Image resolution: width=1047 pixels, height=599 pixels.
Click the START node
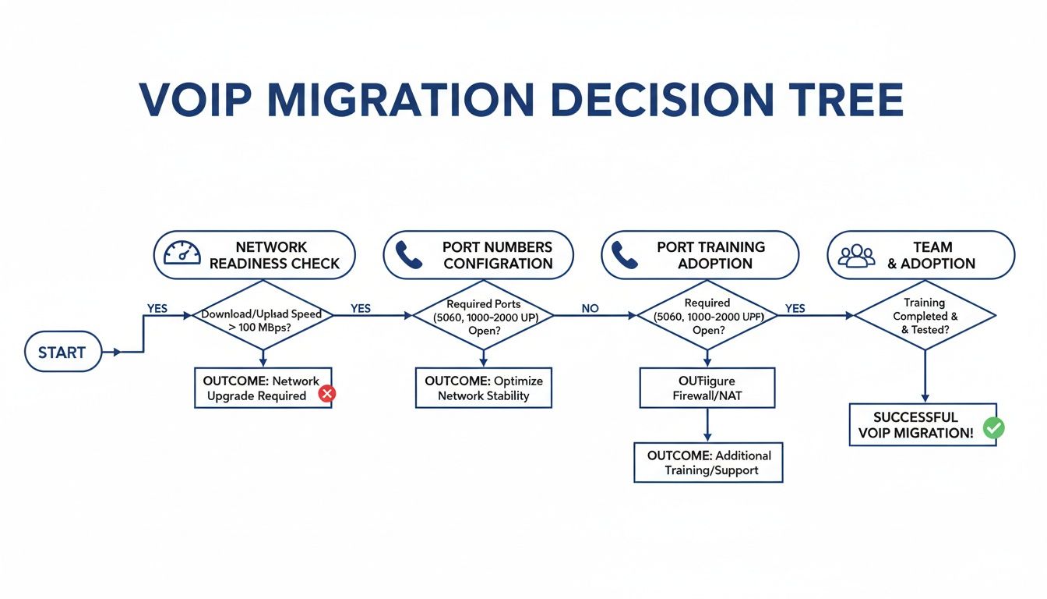coord(62,353)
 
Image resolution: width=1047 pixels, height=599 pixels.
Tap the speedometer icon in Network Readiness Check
coord(182,254)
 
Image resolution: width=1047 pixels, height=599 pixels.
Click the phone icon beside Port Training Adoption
coord(625,255)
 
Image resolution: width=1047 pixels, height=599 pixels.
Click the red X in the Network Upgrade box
coord(327,395)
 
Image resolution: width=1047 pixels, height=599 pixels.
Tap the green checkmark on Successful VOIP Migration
coord(993,427)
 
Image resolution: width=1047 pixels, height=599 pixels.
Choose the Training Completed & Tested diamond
coord(925,316)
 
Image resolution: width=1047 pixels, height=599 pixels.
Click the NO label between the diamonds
coord(590,309)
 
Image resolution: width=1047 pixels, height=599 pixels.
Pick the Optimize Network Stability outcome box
coord(483,388)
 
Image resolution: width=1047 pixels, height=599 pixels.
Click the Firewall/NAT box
coord(707,388)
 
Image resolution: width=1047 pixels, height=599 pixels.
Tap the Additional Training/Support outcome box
coord(708,463)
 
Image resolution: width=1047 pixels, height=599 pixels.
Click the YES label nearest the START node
coord(157,309)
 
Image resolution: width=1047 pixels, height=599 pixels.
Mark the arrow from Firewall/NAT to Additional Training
coord(707,426)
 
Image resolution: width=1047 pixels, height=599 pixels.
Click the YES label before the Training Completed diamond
coord(795,309)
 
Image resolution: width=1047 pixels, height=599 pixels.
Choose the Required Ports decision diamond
coord(483,316)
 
